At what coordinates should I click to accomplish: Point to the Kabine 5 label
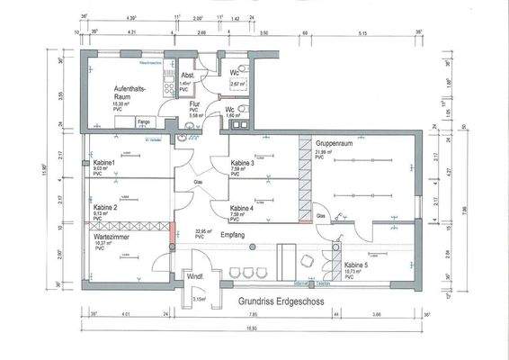coord(359,265)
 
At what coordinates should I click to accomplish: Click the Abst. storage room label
coord(187,76)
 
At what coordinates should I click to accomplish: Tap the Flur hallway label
coord(193,103)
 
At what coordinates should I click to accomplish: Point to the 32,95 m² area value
coord(206,230)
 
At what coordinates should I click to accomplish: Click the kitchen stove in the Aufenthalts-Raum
coord(168,85)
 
